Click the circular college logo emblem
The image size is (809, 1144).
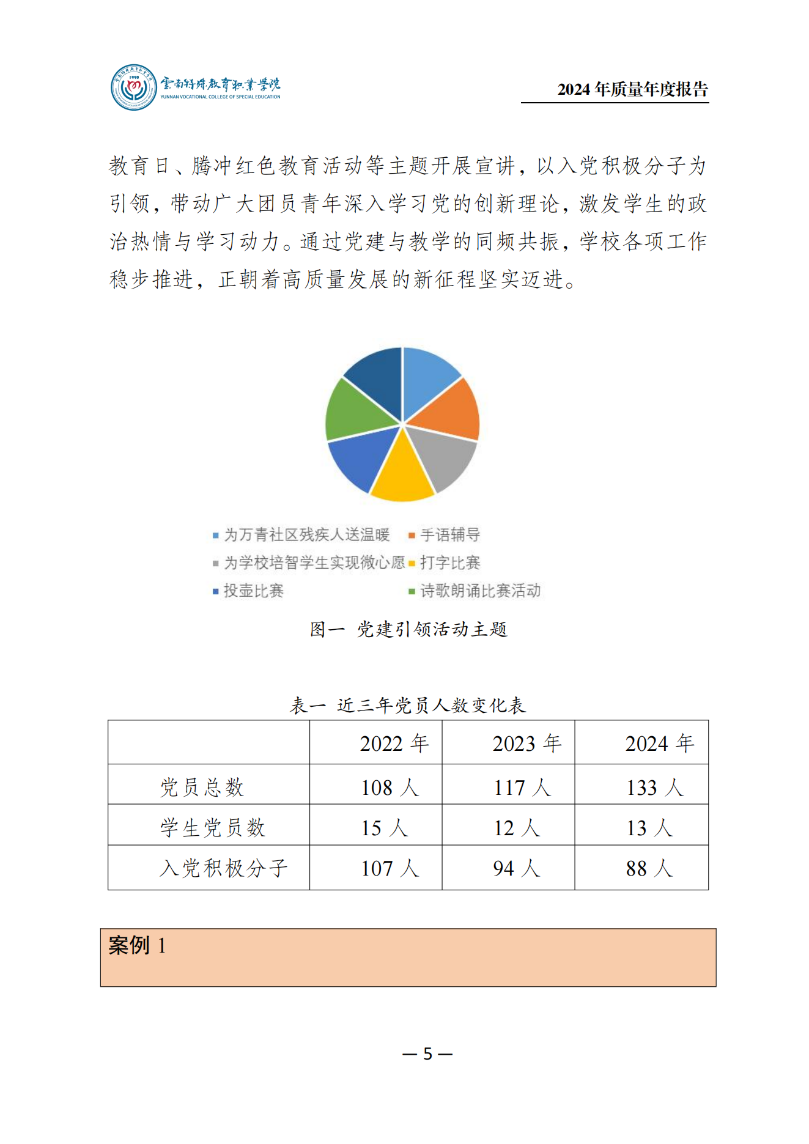point(133,87)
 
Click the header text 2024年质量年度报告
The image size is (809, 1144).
point(632,89)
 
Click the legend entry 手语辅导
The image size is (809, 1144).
point(449,535)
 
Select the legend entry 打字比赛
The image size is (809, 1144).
point(449,563)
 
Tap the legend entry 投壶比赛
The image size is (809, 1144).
point(253,591)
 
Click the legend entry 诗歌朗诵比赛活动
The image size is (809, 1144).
point(480,591)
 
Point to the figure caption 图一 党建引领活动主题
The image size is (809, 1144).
point(408,629)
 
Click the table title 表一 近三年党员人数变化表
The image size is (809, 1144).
point(407,706)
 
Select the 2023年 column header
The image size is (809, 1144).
point(526,744)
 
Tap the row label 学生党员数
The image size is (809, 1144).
point(212,827)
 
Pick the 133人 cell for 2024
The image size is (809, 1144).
point(654,788)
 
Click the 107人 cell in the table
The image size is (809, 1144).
point(390,868)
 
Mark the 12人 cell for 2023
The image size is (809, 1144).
point(517,828)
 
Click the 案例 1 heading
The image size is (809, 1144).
point(137,945)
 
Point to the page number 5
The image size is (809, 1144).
point(427,1054)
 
